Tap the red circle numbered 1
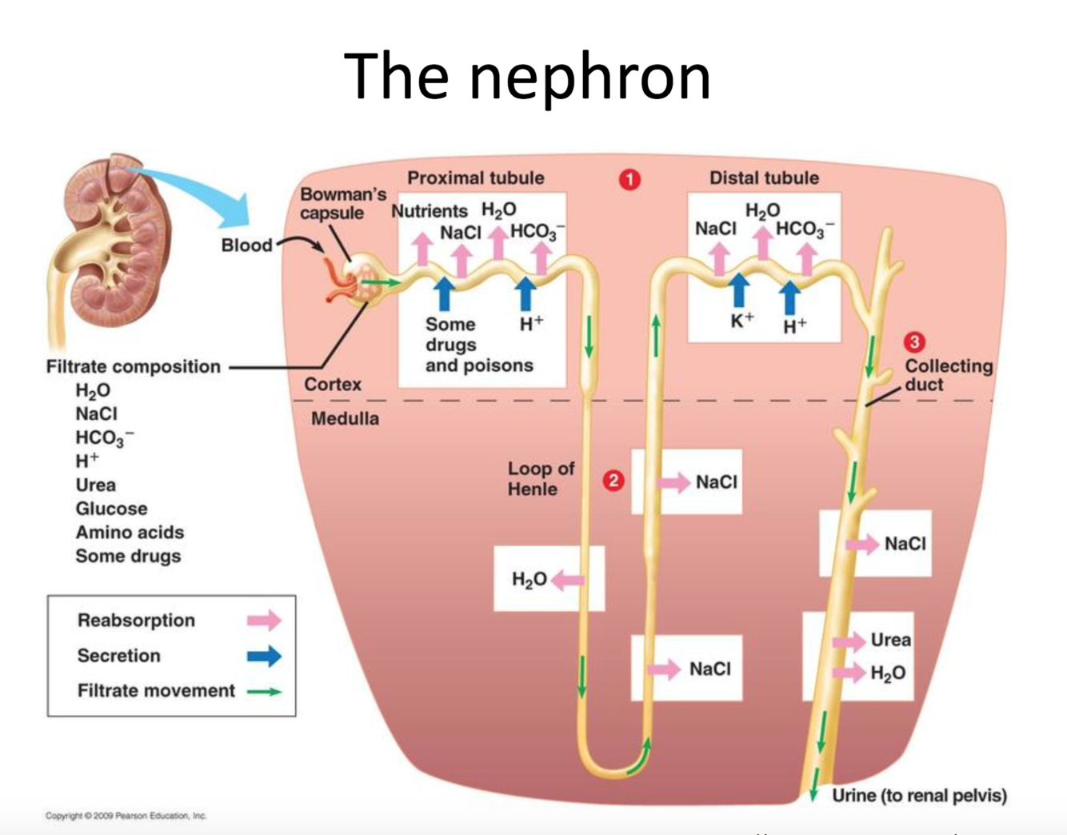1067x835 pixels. pos(629,180)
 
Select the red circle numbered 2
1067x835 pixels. pos(613,481)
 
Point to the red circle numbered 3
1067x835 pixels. pos(914,342)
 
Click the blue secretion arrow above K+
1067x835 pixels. pos(739,290)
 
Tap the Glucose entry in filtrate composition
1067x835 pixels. pos(111,509)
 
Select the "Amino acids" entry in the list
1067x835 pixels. pos(129,533)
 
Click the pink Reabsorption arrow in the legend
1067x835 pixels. pos(264,621)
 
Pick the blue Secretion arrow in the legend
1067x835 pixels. pos(264,657)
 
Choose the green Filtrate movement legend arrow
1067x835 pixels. pos(264,692)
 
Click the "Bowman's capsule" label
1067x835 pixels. pos(343,204)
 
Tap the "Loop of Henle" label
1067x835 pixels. pos(541,478)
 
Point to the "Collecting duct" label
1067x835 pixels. pos(948,375)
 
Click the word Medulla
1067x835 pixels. pos(345,418)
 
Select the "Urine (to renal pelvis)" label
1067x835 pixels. pos(919,796)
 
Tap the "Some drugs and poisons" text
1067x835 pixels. pos(478,345)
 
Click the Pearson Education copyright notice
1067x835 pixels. pos(126,816)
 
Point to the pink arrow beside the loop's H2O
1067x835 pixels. pos(567,580)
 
